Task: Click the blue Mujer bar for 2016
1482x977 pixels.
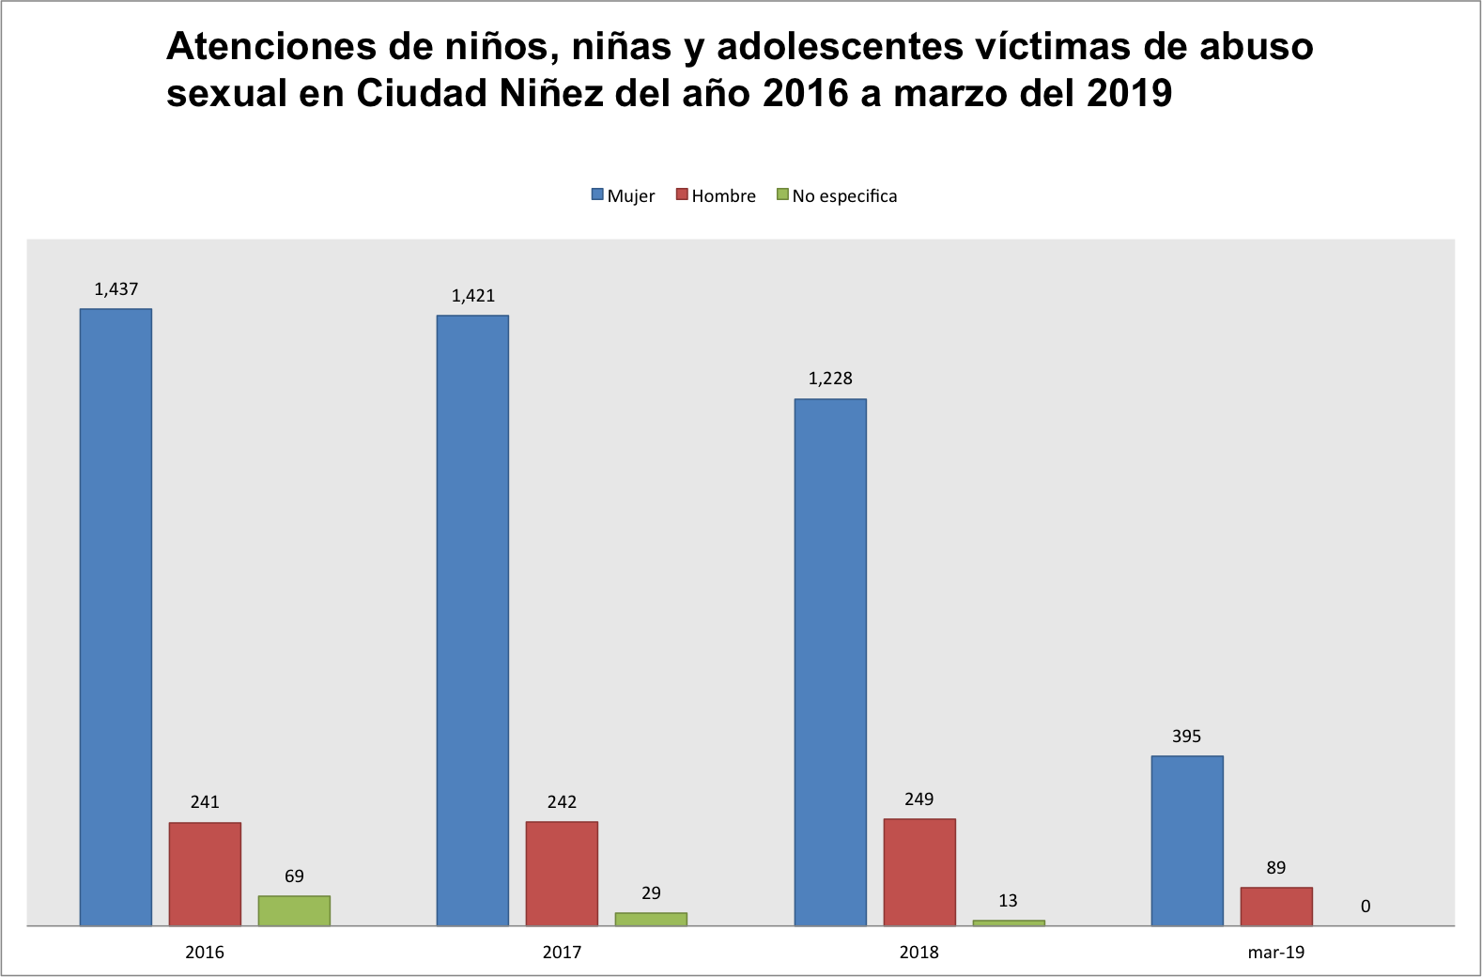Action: [x=116, y=617]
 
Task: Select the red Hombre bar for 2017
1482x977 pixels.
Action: [x=562, y=874]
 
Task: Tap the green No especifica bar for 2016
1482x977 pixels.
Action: [x=294, y=910]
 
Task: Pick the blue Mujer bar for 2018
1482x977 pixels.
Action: [x=830, y=662]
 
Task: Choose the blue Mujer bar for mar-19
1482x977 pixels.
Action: [x=1187, y=841]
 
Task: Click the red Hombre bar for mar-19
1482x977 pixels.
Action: [x=1276, y=907]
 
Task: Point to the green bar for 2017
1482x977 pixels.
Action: [x=651, y=919]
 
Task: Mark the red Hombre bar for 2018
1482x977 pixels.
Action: [x=919, y=872]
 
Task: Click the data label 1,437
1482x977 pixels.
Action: [x=116, y=289]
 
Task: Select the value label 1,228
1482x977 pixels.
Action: [x=830, y=379]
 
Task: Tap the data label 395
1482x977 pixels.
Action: [x=1186, y=737]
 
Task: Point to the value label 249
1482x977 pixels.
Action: [x=919, y=799]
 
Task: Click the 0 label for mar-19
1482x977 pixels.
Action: [x=1366, y=907]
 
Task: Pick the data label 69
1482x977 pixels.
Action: [x=294, y=876]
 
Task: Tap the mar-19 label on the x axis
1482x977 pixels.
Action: [x=1276, y=953]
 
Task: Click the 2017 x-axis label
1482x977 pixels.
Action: [x=562, y=953]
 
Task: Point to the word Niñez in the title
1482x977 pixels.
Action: [x=551, y=93]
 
